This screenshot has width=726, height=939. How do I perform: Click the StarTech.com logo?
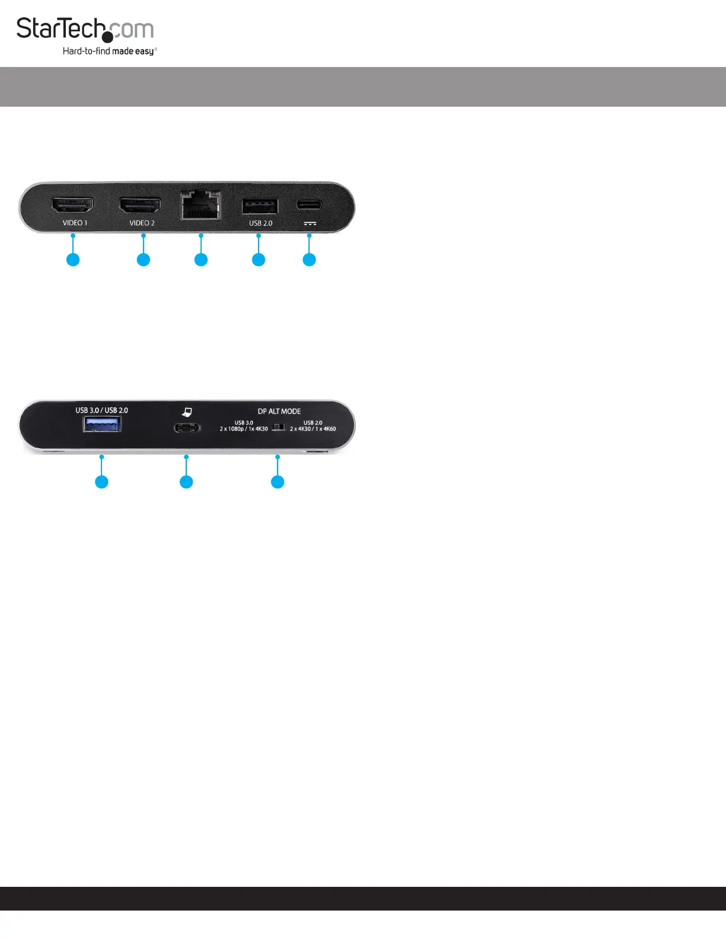coord(85,30)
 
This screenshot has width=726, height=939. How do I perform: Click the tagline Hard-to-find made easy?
coord(109,52)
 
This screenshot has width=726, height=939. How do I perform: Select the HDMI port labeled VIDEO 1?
coord(72,206)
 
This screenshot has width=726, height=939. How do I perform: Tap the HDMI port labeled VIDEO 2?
coord(140,206)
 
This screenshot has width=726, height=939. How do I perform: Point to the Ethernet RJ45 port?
coord(200,205)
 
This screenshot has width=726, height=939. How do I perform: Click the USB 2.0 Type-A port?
coord(260,206)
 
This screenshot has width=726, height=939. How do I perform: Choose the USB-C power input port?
coord(310,205)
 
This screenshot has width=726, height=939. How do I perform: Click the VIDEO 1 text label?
coord(75,223)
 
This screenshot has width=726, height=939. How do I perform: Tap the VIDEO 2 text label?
coord(142,223)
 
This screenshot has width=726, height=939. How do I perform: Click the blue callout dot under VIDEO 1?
coord(73,260)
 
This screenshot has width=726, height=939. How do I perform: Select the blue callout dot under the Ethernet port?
coord(201,260)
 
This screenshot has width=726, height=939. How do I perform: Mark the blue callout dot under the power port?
coord(309,260)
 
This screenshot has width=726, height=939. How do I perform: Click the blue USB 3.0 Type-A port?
coord(102,424)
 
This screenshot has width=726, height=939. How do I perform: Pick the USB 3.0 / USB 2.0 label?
coord(101,410)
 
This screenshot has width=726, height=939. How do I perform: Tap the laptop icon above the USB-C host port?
coord(187,412)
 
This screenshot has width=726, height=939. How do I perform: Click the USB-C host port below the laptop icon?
coord(187,427)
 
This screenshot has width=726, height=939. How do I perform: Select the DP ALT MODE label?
coord(279,411)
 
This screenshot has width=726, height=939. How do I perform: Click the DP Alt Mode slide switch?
coord(278,427)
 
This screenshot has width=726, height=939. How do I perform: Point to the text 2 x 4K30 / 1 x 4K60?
coord(313,429)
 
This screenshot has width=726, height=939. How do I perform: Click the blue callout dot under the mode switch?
coord(278,482)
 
